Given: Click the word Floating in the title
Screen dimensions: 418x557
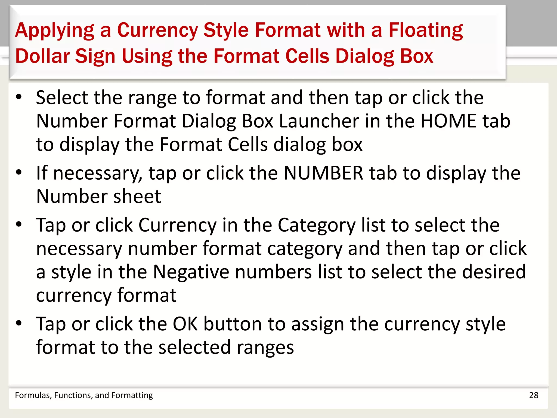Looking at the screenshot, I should tap(425, 30).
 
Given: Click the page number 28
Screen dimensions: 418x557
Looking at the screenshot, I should tap(534, 395).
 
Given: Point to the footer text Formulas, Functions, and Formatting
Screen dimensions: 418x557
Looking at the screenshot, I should tap(84, 395).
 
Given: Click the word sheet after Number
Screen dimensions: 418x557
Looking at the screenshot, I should tap(137, 196).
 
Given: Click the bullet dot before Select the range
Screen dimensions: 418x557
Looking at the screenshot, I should tap(18, 97).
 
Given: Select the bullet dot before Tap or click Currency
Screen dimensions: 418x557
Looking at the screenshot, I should tap(18, 225).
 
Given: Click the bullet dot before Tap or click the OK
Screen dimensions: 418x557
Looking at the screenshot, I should tap(18, 323).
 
